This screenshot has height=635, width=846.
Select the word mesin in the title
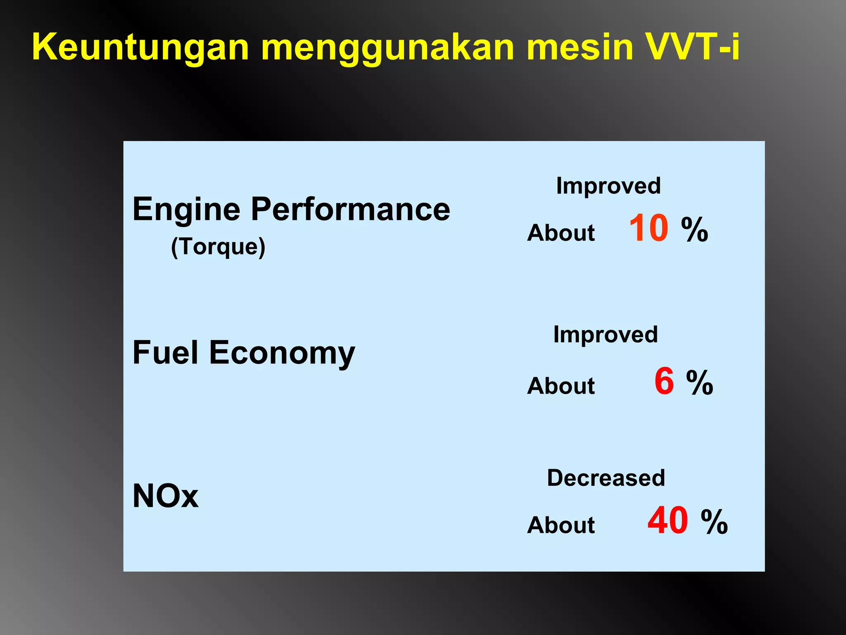pyautogui.click(x=580, y=47)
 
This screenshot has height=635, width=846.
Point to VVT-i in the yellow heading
pyautogui.click(x=692, y=47)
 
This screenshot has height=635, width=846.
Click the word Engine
pyautogui.click(x=186, y=210)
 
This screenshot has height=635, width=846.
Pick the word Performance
pyautogui.click(x=350, y=210)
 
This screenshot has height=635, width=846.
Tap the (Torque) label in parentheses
pyautogui.click(x=218, y=247)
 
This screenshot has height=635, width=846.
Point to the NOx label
pyautogui.click(x=165, y=496)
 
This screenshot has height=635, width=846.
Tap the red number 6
pyautogui.click(x=664, y=381)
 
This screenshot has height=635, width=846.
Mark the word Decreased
pyautogui.click(x=606, y=478)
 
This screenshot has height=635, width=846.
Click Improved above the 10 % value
pyautogui.click(x=608, y=186)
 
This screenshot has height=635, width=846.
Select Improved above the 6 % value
pyautogui.click(x=606, y=334)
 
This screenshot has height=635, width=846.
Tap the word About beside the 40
pyautogui.click(x=561, y=525)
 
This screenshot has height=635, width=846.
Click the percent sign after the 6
pyautogui.click(x=700, y=382)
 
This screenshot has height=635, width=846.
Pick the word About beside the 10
pyautogui.click(x=561, y=232)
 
